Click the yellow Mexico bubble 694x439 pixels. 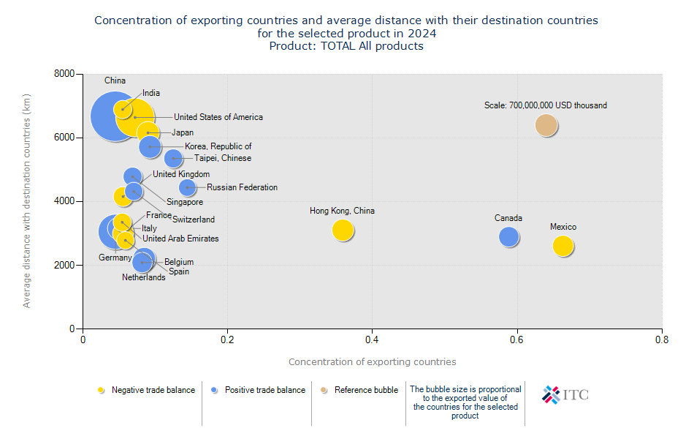click(563, 246)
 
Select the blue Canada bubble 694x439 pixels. click(509, 236)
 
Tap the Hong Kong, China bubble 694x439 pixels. click(343, 230)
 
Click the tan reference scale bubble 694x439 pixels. click(546, 125)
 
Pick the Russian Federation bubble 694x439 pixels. click(188, 187)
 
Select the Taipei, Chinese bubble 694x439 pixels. click(173, 158)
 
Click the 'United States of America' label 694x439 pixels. click(218, 117)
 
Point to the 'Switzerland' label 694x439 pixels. click(194, 219)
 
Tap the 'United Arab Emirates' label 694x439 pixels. click(180, 239)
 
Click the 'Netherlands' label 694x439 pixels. click(143, 277)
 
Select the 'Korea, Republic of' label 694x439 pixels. click(218, 146)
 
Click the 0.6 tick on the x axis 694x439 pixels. click(517, 339)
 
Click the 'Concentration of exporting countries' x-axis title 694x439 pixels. click(372, 361)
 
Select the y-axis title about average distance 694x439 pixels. click(27, 200)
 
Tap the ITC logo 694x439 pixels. click(565, 395)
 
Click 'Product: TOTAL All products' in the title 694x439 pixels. click(346, 46)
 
